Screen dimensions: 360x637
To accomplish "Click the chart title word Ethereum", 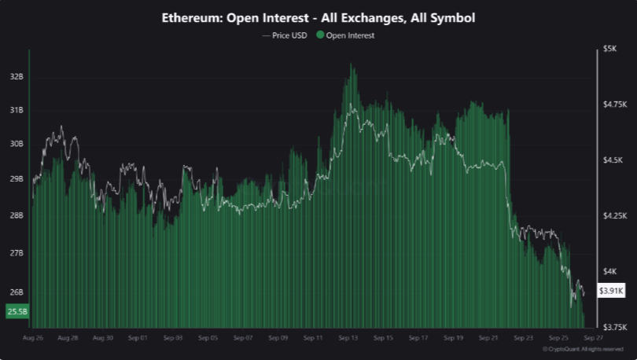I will (190, 17).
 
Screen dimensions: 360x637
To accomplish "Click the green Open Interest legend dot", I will (320, 35).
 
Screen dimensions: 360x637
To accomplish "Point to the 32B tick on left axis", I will (17, 77).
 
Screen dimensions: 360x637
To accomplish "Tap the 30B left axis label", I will (17, 144).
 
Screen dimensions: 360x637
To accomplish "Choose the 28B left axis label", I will (17, 215).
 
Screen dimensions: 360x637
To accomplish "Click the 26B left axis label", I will (17, 292).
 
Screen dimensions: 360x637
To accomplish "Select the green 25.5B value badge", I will (17, 312).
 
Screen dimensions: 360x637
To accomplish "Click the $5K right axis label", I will (609, 49).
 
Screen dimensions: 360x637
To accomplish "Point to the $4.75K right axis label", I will (614, 105).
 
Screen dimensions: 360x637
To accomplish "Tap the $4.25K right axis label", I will (614, 215).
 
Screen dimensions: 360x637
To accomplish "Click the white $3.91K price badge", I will (611, 290).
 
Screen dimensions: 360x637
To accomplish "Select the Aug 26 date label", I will (33, 338).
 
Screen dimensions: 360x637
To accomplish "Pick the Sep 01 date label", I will (138, 338).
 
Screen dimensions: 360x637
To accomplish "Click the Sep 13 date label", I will (348, 338).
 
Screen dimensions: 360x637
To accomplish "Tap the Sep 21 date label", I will (488, 338).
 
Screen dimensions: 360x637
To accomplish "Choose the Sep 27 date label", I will (593, 338).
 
